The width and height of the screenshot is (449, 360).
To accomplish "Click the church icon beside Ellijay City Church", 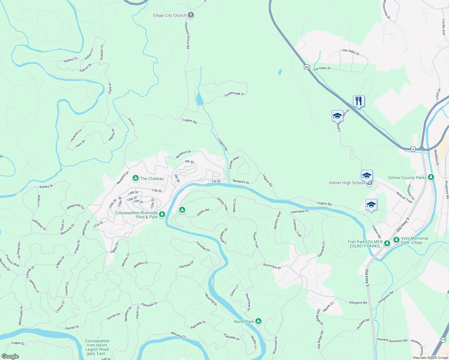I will coord(191,15).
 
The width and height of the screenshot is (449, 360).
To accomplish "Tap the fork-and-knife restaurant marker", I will coord(359,101).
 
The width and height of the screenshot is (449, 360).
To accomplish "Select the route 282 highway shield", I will coord(306,67).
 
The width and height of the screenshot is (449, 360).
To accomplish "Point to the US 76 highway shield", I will coord(413,149).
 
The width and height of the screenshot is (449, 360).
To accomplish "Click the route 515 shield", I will coord(443,339).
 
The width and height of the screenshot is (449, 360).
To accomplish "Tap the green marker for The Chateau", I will coord(136,178).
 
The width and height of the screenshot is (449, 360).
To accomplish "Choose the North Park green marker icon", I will coord(258,322).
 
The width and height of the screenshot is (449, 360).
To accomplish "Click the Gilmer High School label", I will coord(347,183).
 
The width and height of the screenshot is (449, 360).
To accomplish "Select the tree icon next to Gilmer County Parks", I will coord(431,177).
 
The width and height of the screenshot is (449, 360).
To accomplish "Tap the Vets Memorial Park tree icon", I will coord(396,240).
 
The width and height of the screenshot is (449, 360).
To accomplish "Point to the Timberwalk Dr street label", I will coord(234,94).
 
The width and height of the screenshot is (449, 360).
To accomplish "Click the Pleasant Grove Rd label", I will coord(187,36).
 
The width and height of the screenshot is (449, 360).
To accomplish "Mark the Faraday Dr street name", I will coord(203,246).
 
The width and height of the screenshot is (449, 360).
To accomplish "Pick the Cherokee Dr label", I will coord(300,211).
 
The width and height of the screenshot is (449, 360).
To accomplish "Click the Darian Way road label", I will coord(234,162).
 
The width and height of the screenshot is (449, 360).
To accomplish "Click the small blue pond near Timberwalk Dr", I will coord(199,99).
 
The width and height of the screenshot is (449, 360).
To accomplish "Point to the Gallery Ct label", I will coord(71,60).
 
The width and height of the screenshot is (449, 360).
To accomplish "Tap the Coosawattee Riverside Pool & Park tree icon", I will coord(162,214).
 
